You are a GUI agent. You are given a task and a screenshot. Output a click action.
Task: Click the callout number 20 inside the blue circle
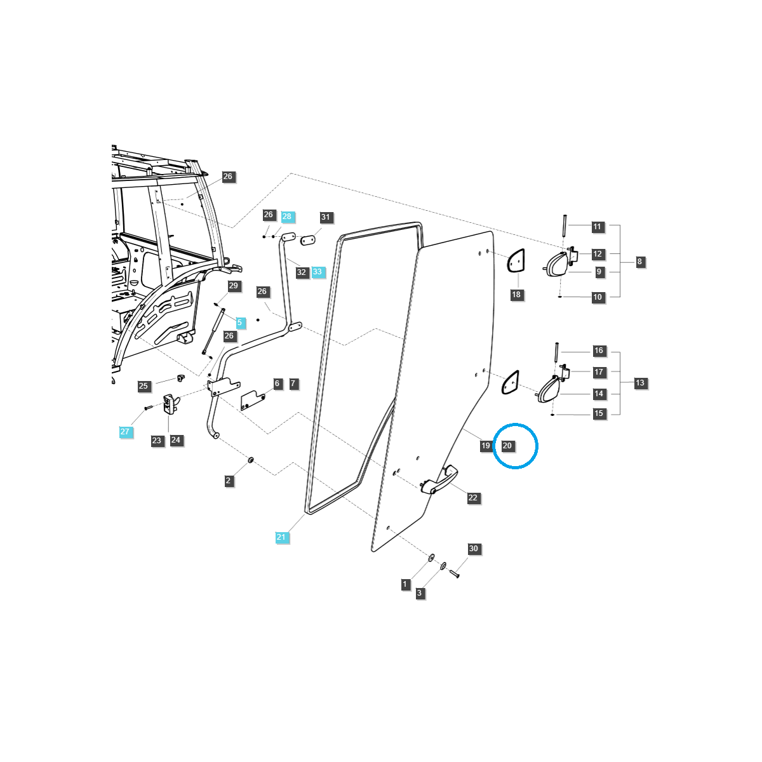(507, 446)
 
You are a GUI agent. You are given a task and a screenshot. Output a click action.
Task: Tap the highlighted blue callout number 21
(281, 537)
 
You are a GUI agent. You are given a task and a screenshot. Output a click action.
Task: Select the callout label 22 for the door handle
(472, 498)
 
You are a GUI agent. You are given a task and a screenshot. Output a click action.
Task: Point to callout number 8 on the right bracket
(639, 262)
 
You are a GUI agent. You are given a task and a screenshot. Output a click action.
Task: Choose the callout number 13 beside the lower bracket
(639, 383)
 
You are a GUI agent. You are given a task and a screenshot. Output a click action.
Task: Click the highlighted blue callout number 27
(124, 432)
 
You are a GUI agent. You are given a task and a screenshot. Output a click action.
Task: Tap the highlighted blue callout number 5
(239, 323)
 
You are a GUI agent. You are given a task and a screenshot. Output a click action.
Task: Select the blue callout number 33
(317, 272)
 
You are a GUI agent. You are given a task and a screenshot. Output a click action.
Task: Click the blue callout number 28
(286, 217)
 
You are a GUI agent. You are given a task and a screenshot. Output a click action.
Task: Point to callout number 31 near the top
(326, 217)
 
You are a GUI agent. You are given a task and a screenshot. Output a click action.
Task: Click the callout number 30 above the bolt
(473, 549)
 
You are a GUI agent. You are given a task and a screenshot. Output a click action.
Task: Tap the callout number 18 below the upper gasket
(516, 295)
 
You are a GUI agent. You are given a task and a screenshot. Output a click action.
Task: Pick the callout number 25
(143, 386)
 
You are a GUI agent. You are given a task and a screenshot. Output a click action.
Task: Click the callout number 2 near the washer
(229, 481)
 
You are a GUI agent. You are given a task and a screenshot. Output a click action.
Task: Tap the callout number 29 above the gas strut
(233, 286)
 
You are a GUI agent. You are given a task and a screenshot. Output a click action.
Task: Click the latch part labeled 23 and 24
(170, 404)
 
